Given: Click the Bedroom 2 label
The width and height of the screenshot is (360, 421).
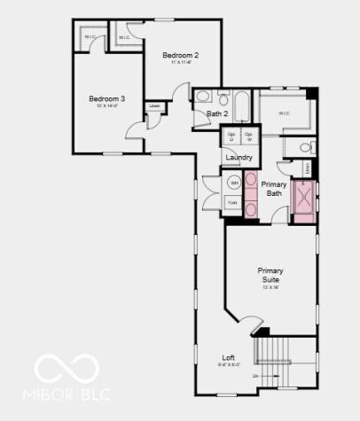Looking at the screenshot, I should click(x=180, y=56).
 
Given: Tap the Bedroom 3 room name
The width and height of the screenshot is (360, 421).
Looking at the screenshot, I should click(x=106, y=98).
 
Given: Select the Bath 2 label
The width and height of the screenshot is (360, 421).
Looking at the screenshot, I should click(x=218, y=113).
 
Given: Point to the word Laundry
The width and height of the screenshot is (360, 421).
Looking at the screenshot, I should click(x=239, y=158).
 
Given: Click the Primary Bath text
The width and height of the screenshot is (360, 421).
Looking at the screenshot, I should click(x=273, y=188).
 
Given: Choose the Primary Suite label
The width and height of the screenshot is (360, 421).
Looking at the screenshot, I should click(x=271, y=274).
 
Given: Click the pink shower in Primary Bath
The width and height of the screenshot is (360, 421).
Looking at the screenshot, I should click(x=306, y=197).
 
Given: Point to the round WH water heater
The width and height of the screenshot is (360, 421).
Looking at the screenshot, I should click(x=234, y=183).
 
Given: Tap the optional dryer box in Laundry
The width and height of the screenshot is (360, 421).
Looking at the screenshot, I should click(x=231, y=138).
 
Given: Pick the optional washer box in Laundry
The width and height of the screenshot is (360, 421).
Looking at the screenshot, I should click(x=249, y=138).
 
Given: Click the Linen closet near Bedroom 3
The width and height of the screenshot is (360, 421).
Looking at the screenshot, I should click(x=155, y=106).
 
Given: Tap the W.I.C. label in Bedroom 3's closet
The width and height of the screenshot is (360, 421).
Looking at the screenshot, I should click(x=90, y=36).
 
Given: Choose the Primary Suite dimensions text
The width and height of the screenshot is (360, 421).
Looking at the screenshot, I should click(x=271, y=287).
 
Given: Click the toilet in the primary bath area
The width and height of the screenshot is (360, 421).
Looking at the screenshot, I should click(x=306, y=147).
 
